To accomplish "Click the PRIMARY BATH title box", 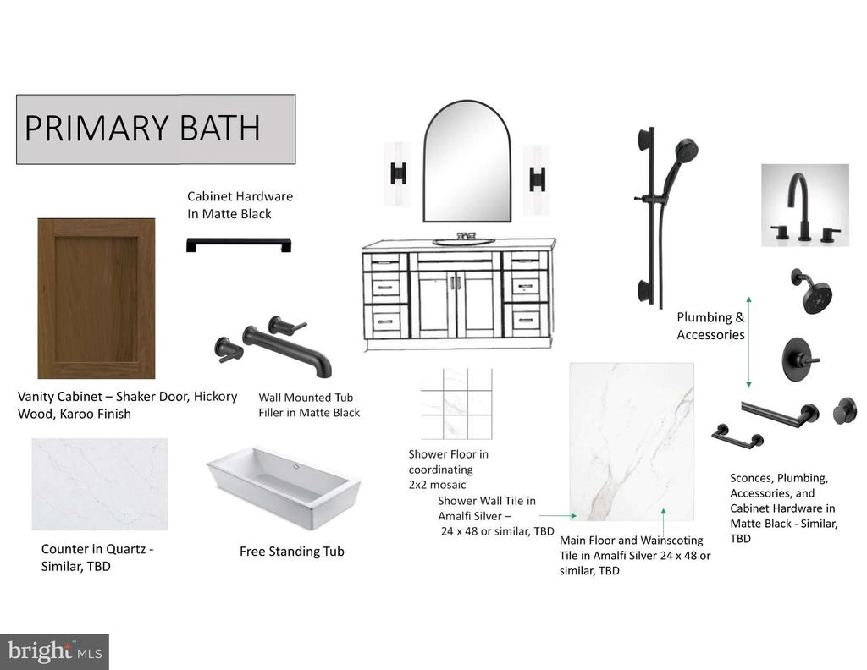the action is point(156,129).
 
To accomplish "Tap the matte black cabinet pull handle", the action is point(238,244).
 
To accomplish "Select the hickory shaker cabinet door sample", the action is point(97,299).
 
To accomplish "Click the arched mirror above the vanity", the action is point(467,162).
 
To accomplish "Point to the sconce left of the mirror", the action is point(398,173).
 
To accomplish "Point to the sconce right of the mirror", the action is point(536,180).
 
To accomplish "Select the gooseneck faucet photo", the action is point(805,205).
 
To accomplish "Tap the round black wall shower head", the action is point(813,291).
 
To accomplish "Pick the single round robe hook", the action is point(845,410).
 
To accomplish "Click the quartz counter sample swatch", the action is point(100,485).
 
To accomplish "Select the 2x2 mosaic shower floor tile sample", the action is point(456,404).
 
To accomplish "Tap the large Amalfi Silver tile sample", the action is point(632,442).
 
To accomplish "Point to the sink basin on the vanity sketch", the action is point(463,241).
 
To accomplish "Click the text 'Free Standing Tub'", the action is point(292,552).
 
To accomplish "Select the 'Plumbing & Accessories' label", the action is point(710,326).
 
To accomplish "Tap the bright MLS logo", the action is point(54,651).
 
